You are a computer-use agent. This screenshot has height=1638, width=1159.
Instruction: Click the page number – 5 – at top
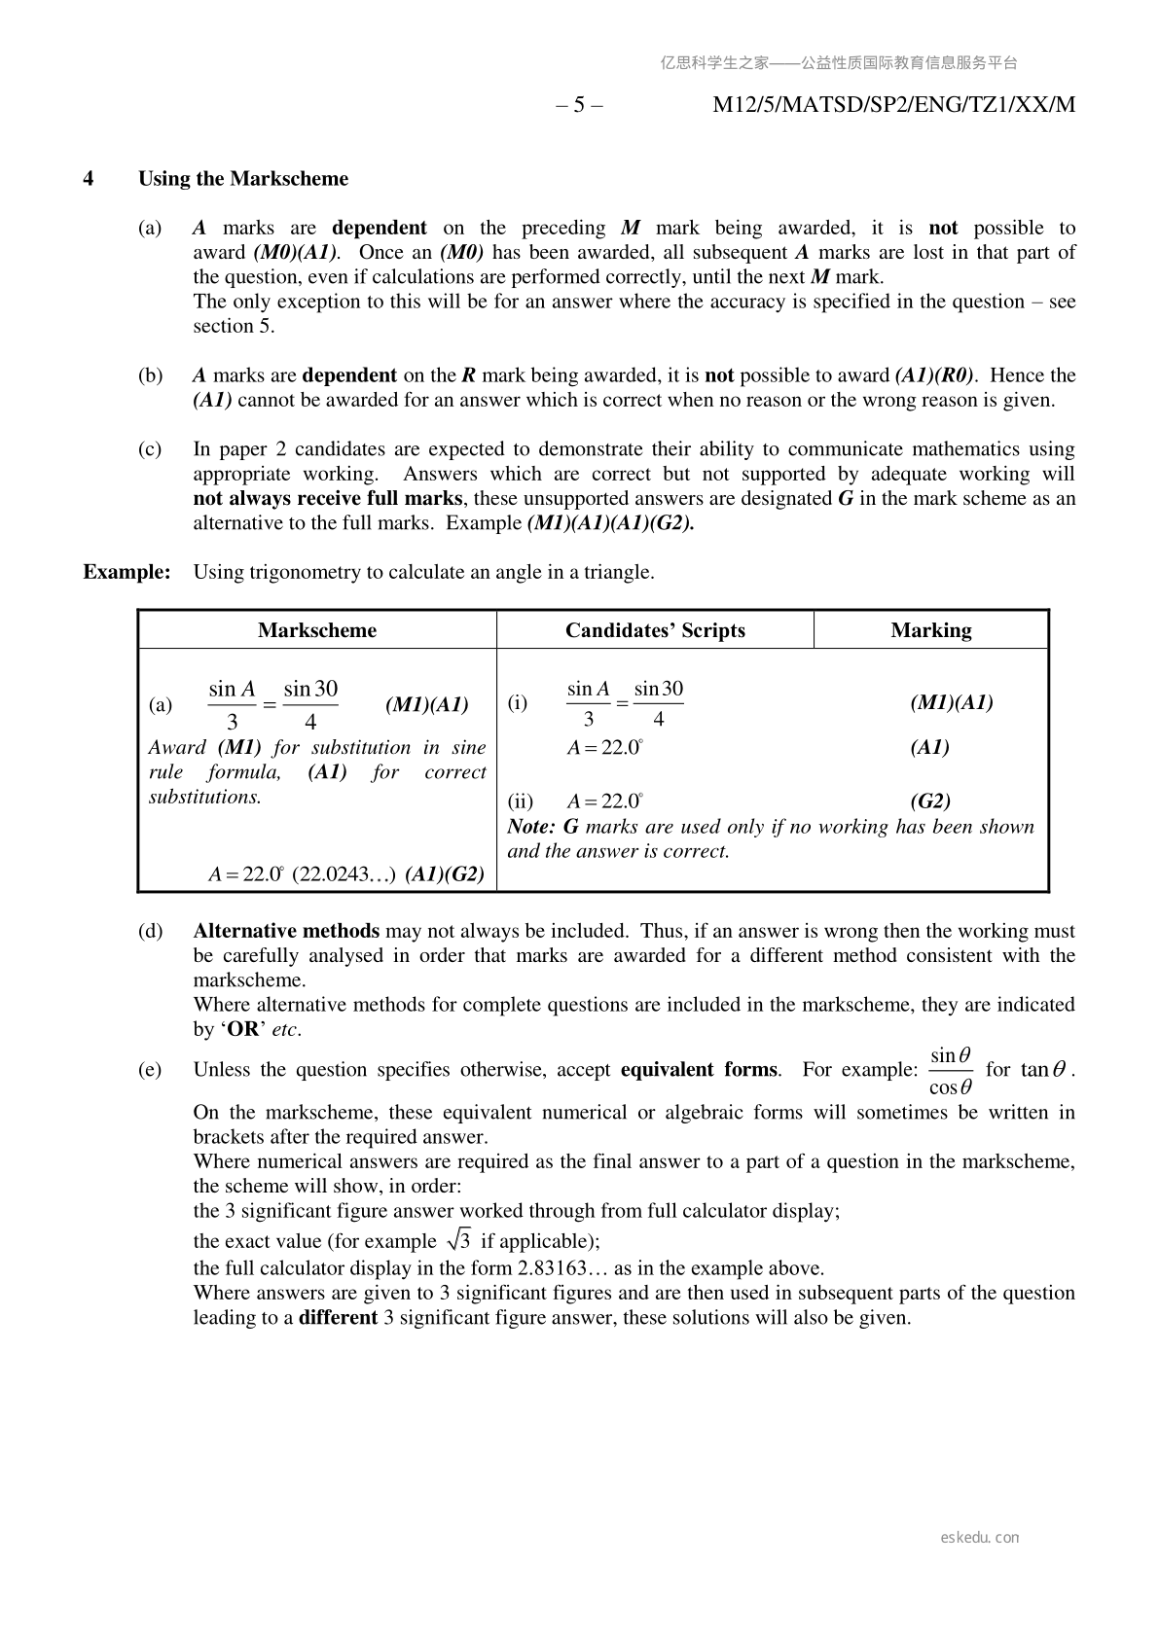[579, 105]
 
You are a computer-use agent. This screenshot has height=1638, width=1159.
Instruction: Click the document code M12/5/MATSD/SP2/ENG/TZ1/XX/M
[893, 105]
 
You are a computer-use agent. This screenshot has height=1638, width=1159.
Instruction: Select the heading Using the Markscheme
[243, 179]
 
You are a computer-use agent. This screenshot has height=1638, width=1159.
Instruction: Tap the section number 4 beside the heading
[89, 179]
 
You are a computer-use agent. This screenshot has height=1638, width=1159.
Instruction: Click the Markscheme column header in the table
[317, 630]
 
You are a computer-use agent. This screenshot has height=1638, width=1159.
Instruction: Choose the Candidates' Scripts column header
[655, 630]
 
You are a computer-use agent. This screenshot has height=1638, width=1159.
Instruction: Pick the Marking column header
[930, 630]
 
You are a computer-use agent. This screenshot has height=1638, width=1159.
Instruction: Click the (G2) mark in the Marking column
[930, 801]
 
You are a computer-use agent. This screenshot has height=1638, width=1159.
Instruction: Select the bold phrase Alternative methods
[286, 931]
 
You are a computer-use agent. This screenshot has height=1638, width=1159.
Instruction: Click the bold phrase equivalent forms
[699, 1070]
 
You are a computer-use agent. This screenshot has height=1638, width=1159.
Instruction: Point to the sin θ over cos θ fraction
[951, 1071]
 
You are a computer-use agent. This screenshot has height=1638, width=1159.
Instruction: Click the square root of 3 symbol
[458, 1240]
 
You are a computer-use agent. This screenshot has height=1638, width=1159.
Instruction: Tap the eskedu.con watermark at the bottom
[980, 1538]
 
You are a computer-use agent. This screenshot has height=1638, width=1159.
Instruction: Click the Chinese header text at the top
[839, 63]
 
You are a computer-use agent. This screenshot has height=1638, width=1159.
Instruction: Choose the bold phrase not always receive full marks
[328, 499]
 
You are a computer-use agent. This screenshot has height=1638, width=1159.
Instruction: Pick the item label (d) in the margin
[150, 931]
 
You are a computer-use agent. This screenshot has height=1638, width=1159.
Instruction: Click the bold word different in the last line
[338, 1318]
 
